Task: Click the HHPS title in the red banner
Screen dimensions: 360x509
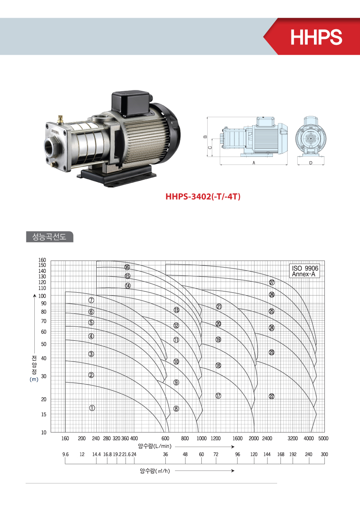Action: point(316,37)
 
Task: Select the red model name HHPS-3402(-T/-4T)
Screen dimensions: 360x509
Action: point(203,197)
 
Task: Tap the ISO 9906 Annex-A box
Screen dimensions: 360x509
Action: point(305,271)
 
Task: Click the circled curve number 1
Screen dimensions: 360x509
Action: point(92,408)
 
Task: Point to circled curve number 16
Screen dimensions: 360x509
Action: point(127,267)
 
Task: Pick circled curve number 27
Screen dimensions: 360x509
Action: point(272,283)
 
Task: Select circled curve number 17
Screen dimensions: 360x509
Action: point(218,396)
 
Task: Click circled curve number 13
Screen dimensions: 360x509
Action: point(176,310)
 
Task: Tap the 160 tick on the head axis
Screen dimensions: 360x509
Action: point(42,260)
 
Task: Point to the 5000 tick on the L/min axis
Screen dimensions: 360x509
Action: point(323,438)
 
